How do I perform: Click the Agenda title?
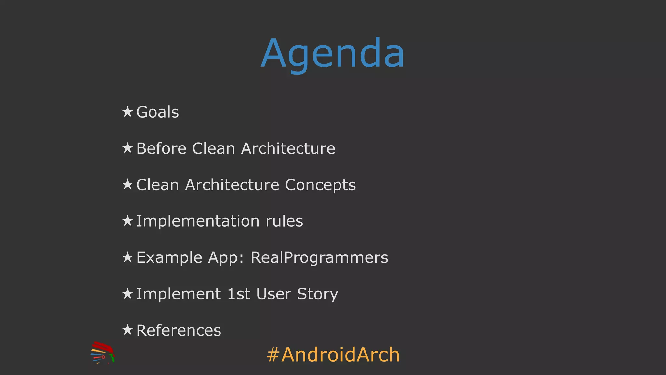[333, 54]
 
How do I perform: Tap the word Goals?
[157, 112]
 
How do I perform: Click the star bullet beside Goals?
[127, 112]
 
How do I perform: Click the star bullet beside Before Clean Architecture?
[127, 148]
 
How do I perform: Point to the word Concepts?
[320, 185]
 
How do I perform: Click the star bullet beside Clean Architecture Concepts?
[127, 185]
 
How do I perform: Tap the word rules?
[284, 221]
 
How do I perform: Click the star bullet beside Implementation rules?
[127, 221]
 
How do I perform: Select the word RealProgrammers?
[319, 258]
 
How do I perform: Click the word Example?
[169, 258]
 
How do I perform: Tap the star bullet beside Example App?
[127, 257]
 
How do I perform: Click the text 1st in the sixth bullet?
[239, 294]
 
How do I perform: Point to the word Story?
[317, 294]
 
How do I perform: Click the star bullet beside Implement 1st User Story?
[127, 294]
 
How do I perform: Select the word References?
[179, 330]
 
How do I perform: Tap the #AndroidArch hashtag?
[333, 355]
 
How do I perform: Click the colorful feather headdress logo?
[103, 353]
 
